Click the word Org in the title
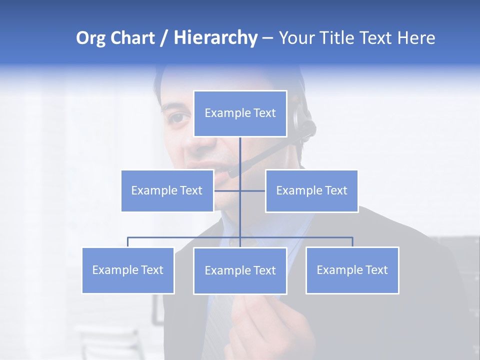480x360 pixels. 91,38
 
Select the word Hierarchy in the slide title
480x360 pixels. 215,38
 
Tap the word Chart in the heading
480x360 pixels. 132,38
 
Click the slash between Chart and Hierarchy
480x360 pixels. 164,38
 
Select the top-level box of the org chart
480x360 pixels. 240,113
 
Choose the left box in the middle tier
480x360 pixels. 167,190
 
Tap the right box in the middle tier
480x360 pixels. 311,190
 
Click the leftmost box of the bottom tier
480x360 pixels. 128,270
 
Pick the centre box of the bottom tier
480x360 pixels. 240,270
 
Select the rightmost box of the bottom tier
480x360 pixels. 352,270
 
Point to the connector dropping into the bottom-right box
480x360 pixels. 352,241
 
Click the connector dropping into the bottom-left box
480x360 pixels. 128,241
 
